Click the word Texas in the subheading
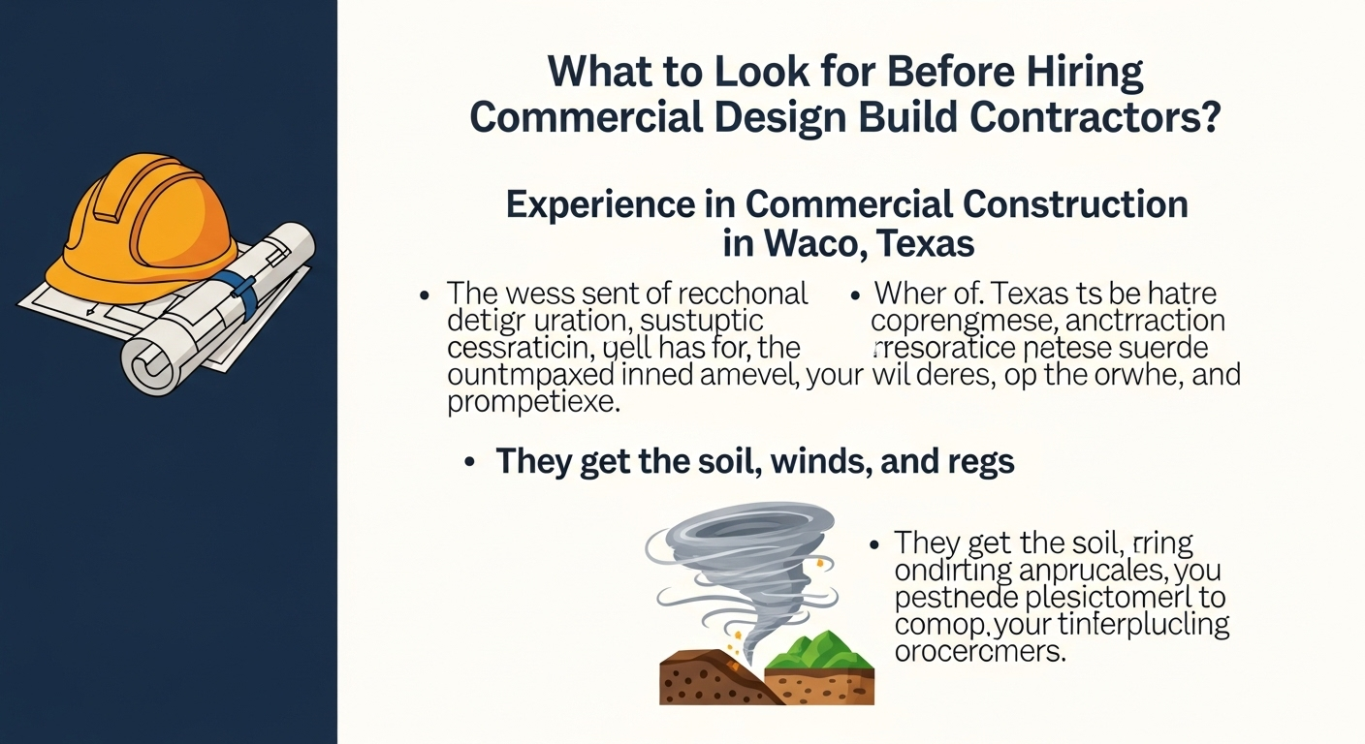tap(926, 242)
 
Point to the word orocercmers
tap(979, 652)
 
